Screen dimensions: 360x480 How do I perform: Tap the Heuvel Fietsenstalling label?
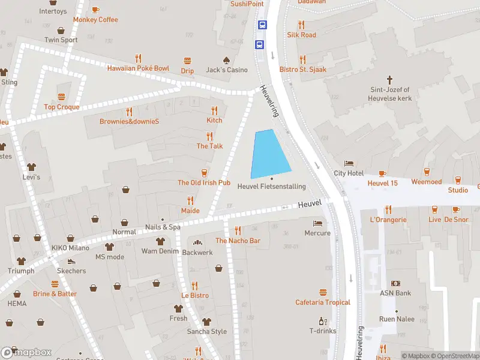coord(271,187)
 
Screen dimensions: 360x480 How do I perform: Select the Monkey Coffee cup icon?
coord(95,10)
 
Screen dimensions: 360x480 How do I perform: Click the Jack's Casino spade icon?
coord(227,61)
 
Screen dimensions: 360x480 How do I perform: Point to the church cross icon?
coord(389,79)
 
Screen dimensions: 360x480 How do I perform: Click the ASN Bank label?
coord(395,293)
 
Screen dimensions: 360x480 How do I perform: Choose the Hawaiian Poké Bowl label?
coord(138,68)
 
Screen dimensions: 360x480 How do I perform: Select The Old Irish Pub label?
coord(204,182)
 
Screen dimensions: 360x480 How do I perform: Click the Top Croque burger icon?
coord(61,97)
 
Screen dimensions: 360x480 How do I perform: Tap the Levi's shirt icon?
coord(31,167)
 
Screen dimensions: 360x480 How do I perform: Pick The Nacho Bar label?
coord(238,241)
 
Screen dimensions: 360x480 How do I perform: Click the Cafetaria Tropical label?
coord(323,302)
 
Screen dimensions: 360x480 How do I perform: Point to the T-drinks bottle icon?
coord(323,321)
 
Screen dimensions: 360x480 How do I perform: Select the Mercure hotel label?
coord(317,233)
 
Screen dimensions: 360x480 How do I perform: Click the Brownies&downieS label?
coord(129,121)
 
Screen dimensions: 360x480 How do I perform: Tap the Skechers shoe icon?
coord(71,262)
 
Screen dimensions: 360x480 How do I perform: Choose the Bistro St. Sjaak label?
coord(303,70)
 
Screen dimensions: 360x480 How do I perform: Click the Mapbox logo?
coord(26,352)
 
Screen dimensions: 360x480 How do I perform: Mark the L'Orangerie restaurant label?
coord(388,220)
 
